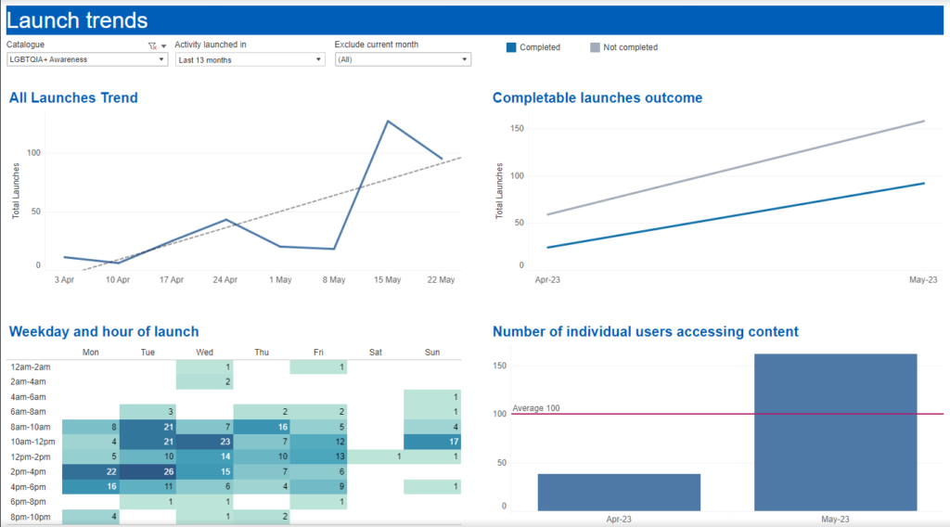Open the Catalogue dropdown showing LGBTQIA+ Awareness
click(x=87, y=59)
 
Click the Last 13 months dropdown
click(x=250, y=59)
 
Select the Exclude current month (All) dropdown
click(x=403, y=59)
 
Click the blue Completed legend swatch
click(x=511, y=47)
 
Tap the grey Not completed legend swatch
click(x=595, y=47)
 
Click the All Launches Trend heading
click(x=73, y=97)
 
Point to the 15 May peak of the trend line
click(x=388, y=122)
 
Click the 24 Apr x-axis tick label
click(x=225, y=280)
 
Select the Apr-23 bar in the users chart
click(x=619, y=493)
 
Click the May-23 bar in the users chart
click(x=836, y=432)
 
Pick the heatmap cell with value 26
click(x=148, y=471)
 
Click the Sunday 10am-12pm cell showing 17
click(x=432, y=442)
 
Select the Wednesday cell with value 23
click(x=205, y=442)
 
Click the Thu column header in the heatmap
click(x=262, y=352)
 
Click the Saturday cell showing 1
click(x=376, y=456)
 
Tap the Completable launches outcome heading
click(x=597, y=97)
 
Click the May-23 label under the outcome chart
click(x=923, y=280)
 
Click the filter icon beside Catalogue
click(x=152, y=46)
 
